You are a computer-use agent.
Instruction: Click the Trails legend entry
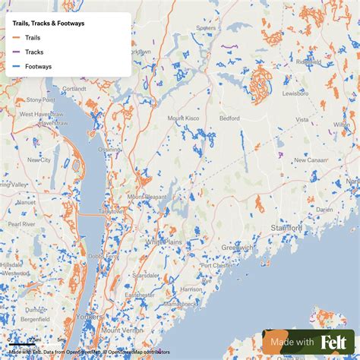[33, 37]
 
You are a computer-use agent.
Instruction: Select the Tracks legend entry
[33, 52]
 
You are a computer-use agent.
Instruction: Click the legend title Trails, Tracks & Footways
[48, 23]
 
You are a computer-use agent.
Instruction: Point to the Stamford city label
[286, 227]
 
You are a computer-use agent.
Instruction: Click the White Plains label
[164, 241]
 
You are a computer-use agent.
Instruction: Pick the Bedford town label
[229, 119]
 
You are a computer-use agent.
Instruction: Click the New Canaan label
[310, 160]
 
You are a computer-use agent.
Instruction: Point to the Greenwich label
[237, 247]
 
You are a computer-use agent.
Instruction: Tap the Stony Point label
[40, 99]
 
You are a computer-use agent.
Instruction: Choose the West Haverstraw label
[36, 114]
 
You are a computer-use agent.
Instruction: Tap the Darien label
[324, 209]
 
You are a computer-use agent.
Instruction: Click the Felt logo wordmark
[334, 343]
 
